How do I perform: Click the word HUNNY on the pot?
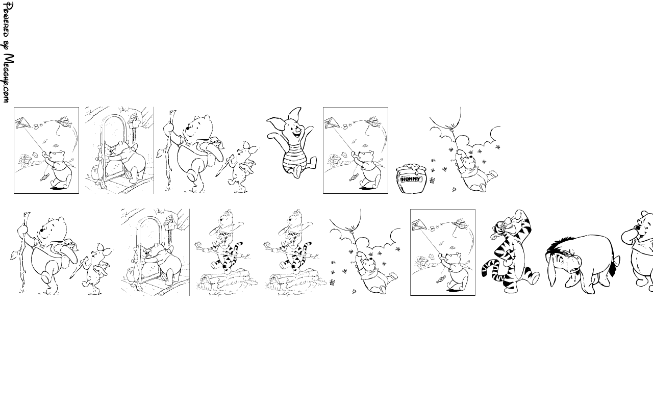411,179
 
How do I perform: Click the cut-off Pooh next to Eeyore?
638,250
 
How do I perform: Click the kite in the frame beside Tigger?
419,225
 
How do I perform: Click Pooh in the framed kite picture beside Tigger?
454,271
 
